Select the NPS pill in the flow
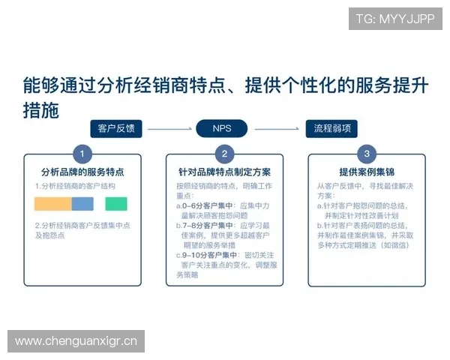click(222, 128)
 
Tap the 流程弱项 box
click(331, 128)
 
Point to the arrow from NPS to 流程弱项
click(278, 128)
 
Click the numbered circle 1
click(82, 154)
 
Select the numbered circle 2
click(224, 154)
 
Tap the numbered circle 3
click(366, 154)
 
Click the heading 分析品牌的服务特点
click(82, 172)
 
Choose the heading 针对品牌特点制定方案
click(224, 172)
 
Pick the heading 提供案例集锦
click(367, 172)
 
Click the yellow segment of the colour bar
click(52, 203)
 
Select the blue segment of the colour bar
click(82, 203)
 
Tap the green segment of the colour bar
click(116, 203)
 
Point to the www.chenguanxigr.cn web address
click(76, 342)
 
